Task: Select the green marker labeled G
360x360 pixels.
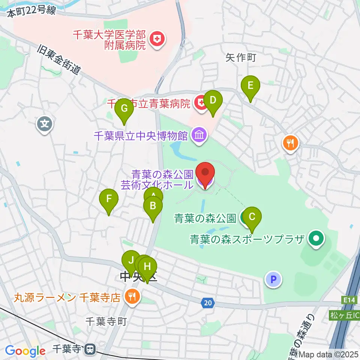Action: click(124, 110)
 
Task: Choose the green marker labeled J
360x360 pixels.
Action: click(131, 260)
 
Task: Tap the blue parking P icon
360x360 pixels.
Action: click(273, 279)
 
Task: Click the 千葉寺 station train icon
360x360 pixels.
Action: click(90, 349)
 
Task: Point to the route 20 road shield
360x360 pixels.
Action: click(208, 302)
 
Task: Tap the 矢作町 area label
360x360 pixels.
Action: click(240, 57)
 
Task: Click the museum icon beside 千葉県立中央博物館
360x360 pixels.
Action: click(199, 135)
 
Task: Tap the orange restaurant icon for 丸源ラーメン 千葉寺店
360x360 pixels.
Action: click(132, 297)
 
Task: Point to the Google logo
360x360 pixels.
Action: click(25, 351)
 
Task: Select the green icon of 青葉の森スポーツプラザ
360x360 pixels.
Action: click(316, 238)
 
